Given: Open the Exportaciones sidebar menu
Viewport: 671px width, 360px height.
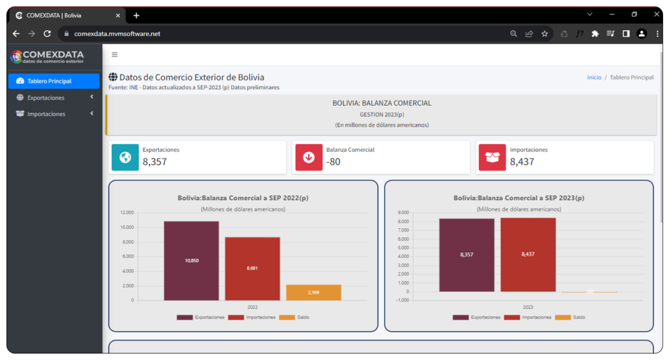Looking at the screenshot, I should (46, 98).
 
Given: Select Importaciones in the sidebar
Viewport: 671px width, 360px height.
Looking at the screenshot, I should (46, 114).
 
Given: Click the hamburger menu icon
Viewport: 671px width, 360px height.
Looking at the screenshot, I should (115, 55).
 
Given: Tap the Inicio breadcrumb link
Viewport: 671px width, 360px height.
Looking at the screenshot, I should (594, 77).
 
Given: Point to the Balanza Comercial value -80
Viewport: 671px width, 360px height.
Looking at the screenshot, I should (334, 161).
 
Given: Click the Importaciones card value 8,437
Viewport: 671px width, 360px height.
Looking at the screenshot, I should (522, 161).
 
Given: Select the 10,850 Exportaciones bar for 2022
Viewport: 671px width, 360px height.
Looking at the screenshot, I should (191, 260).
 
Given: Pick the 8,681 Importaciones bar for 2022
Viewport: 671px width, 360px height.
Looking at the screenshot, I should (252, 268).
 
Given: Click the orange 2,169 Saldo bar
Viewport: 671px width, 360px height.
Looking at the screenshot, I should (313, 292).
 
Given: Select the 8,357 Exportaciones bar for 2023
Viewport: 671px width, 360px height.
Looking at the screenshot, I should (467, 254).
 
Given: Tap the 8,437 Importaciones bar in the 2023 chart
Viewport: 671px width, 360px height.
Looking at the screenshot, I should (528, 254).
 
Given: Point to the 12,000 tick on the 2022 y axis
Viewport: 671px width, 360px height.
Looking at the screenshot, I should (127, 212).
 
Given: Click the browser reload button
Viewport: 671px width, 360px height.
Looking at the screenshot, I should (47, 33).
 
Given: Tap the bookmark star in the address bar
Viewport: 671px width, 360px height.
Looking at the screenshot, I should (545, 33).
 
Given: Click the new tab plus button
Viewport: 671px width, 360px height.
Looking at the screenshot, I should (136, 15).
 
